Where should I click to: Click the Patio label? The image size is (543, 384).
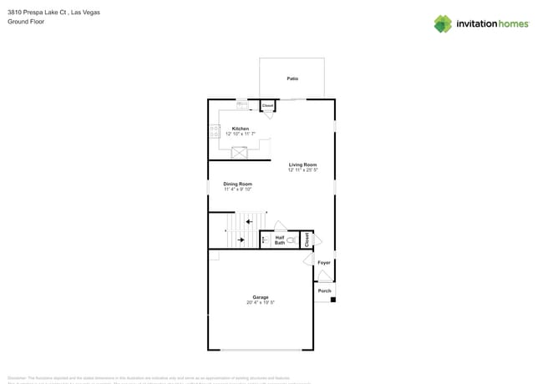coord(292,78)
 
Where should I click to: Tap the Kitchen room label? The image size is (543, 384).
coord(241,129)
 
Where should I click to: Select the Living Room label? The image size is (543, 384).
coord(302,164)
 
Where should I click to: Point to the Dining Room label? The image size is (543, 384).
coord(237,184)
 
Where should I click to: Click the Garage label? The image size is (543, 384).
coord(261,297)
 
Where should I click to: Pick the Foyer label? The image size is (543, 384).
coord(324,263)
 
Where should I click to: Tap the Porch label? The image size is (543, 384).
coord(324,291)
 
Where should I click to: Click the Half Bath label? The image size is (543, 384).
coord(280,240)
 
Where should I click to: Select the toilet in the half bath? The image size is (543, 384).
coord(292,240)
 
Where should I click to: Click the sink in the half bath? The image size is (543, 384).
coord(264,240)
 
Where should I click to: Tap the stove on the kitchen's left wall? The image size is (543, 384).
coord(215,131)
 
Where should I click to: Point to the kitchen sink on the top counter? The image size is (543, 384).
coord(242,104)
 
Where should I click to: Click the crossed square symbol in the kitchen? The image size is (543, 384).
coord(240,153)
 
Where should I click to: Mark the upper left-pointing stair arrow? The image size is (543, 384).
coord(249,221)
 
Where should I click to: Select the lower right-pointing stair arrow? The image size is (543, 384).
coord(241,240)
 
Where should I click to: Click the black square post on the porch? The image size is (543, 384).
coord(333,300)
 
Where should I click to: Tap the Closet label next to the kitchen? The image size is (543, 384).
coord(268,106)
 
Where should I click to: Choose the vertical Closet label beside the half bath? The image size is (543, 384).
coord(307,239)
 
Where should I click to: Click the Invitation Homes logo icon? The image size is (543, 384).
coord(443,23)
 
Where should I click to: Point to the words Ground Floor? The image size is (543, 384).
coord(26,22)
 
